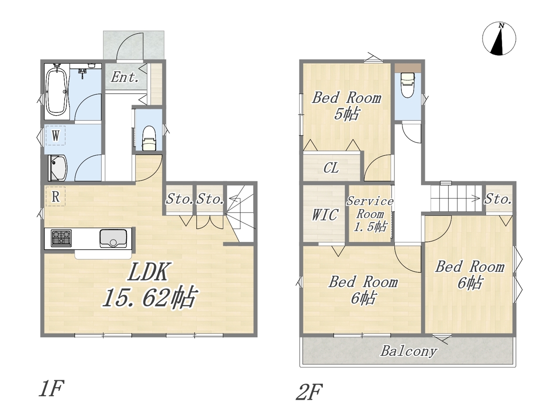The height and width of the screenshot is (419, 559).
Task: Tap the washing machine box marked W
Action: tap(55, 135)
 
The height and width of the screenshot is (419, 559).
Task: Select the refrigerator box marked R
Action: tap(55, 196)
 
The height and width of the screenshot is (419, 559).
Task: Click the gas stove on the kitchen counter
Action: tap(61, 238)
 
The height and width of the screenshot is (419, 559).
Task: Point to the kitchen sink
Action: tap(113, 238)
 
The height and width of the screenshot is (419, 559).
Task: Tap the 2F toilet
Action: tap(408, 85)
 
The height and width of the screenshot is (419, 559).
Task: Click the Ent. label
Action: tap(125, 77)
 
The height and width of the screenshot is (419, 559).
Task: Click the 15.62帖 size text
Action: tap(150, 297)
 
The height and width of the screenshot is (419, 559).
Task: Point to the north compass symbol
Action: tap(499, 39)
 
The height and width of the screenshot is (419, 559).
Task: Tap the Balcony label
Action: tap(409, 352)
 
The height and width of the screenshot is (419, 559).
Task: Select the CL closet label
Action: tap(331, 168)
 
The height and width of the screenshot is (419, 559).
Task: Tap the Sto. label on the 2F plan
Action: tap(498, 199)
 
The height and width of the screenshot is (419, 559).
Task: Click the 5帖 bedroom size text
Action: tap(346, 113)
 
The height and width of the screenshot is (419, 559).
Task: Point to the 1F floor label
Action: tap(51, 388)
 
